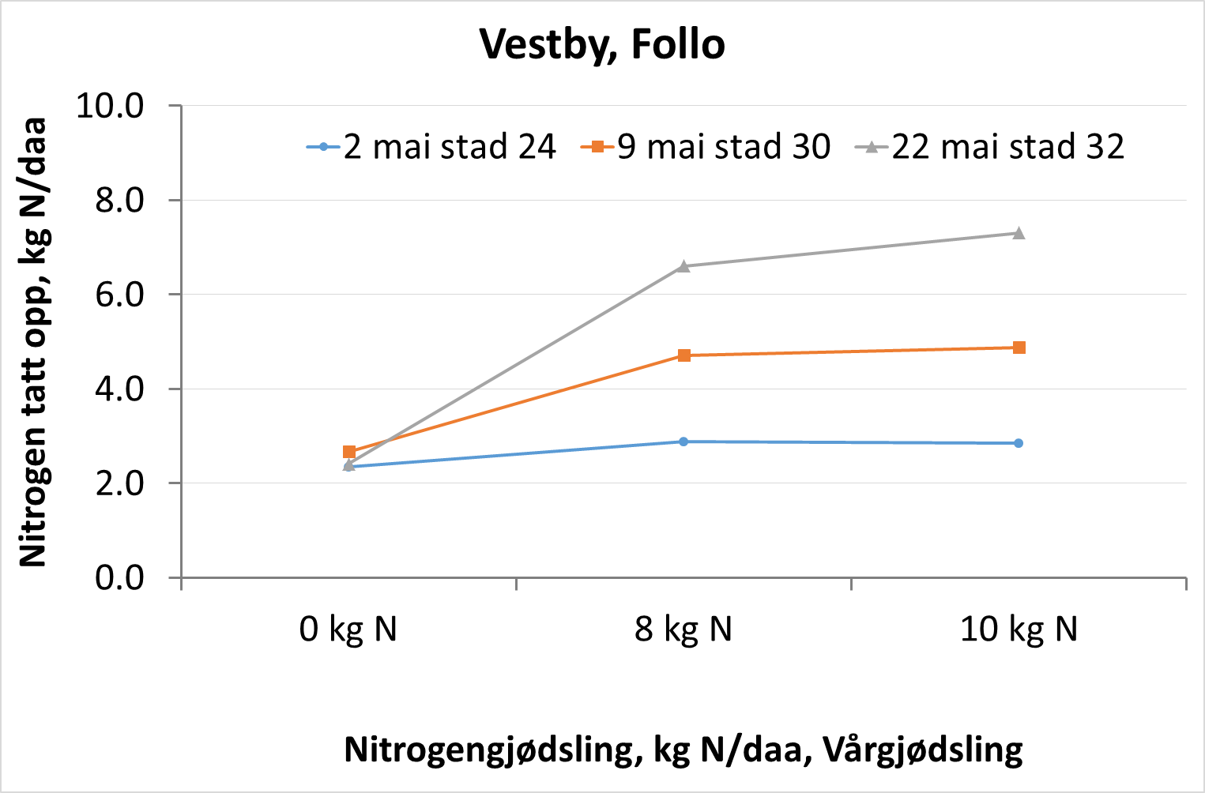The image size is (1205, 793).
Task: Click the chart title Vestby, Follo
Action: coord(602,44)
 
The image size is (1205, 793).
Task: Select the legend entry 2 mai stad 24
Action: coord(449,147)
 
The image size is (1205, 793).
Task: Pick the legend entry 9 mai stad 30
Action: coord(723,147)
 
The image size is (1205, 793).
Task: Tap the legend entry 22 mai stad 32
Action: coord(1007,147)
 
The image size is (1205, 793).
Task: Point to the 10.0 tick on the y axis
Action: coord(110,105)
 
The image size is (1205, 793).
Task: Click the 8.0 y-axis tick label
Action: coord(119,200)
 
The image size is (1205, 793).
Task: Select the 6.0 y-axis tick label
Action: coord(119,295)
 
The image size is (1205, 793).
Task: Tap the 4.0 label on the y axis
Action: coord(119,389)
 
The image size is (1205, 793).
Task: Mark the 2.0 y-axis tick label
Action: coord(119,483)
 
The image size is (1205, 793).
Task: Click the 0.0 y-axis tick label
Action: coord(119,577)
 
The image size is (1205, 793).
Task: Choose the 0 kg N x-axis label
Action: coord(348,630)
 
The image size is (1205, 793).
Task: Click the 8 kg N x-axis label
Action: coord(683,630)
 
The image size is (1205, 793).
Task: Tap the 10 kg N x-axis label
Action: coord(1019,630)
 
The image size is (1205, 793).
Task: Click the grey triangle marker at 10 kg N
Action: coord(1019,233)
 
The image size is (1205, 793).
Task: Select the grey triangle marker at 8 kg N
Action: coord(683,266)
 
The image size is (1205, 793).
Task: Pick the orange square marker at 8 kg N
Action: coord(684,355)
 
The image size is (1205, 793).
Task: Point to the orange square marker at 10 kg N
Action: coord(1019,348)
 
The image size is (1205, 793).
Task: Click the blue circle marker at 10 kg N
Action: coord(1019,443)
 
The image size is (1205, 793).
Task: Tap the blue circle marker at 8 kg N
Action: coord(683,442)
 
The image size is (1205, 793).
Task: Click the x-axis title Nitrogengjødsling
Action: coord(683,749)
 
